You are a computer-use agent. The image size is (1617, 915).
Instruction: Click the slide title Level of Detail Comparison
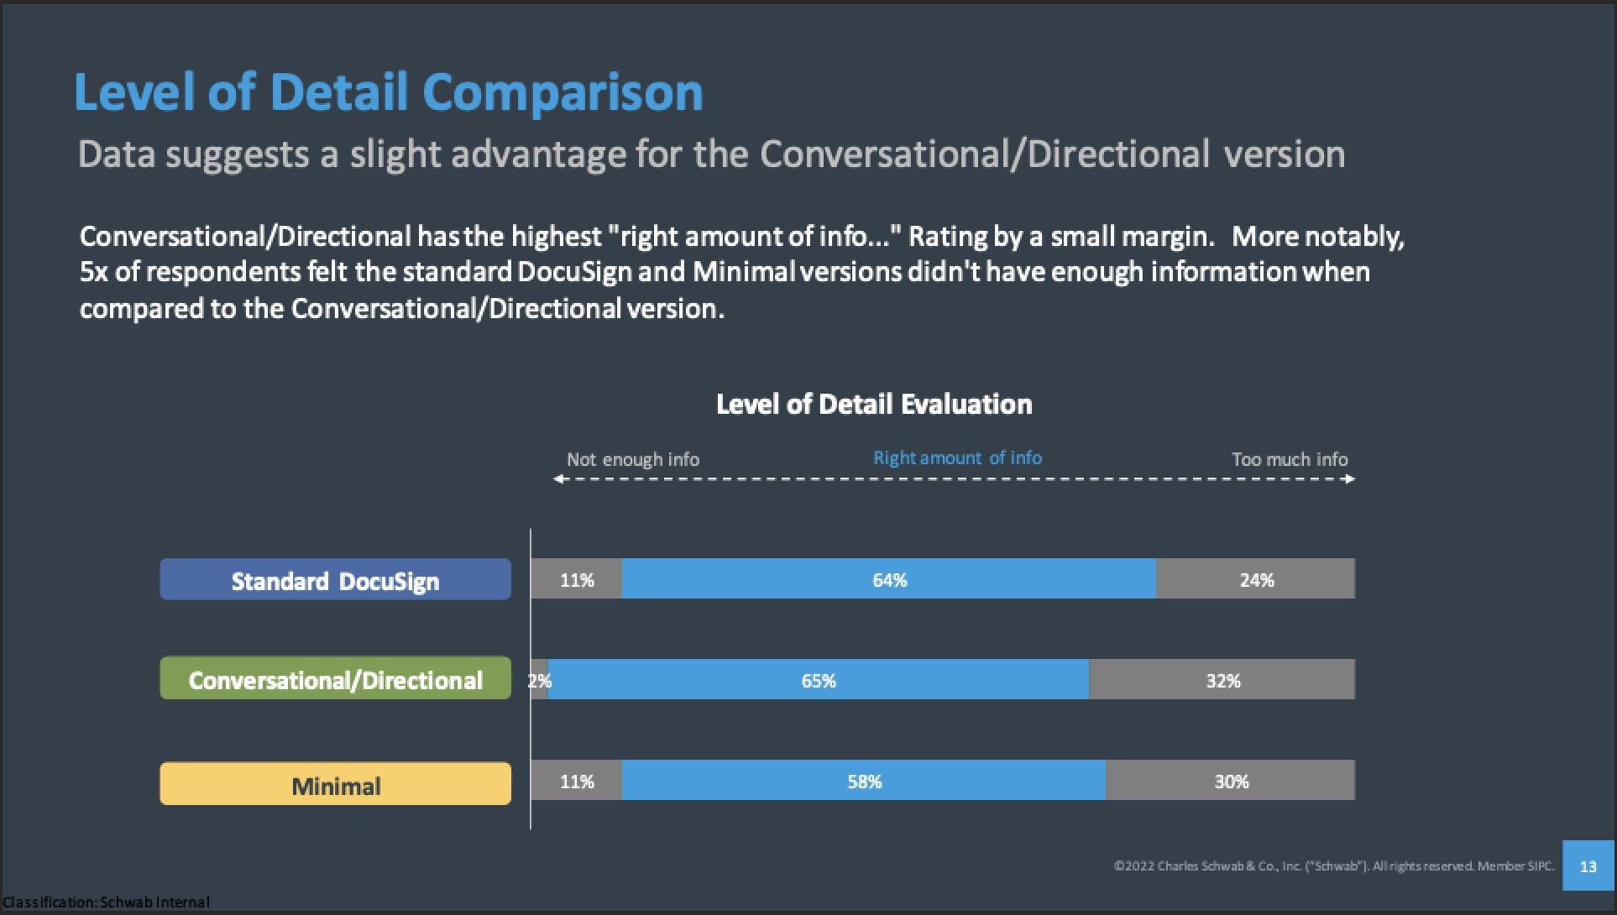coord(388,91)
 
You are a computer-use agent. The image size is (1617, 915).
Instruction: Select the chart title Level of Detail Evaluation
coord(873,405)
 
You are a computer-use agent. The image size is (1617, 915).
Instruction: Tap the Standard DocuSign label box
coord(335,580)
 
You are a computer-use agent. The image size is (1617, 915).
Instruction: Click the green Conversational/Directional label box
coord(335,679)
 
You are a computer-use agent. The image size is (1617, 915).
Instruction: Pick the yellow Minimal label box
coord(335,785)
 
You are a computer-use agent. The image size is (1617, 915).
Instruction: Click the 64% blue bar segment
coord(889,579)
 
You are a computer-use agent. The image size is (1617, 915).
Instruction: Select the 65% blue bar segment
coord(818,680)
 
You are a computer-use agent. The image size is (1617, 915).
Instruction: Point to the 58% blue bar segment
coord(864,781)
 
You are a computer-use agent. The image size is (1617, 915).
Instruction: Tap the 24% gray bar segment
coord(1256,579)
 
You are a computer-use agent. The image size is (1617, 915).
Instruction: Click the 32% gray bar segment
coord(1222,680)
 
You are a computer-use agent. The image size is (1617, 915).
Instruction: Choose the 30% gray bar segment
coord(1231,781)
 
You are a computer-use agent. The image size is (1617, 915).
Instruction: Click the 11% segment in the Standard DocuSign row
coord(577,579)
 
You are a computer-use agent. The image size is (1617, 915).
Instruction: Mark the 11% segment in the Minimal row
coord(577,781)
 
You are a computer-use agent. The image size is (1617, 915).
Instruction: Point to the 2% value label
coord(539,681)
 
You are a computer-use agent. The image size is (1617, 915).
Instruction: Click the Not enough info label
coord(632,459)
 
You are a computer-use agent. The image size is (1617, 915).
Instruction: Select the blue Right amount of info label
coord(957,457)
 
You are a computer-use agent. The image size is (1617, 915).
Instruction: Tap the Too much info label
coord(1289,459)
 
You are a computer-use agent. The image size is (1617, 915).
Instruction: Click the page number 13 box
coord(1588,865)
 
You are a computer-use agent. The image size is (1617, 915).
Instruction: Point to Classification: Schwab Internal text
coord(106,902)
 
